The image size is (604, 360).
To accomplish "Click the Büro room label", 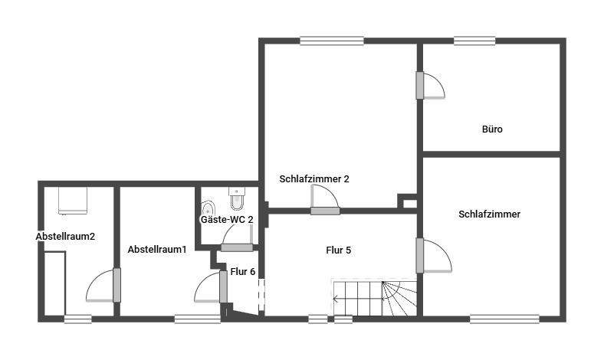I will click(x=492, y=129).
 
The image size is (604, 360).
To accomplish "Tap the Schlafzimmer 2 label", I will click(x=314, y=178).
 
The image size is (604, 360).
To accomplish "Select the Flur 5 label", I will click(x=338, y=250).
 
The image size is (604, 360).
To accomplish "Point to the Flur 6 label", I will click(x=243, y=270).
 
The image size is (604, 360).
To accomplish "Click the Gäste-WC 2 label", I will click(x=227, y=219).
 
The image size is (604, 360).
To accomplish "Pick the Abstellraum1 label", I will click(x=157, y=250).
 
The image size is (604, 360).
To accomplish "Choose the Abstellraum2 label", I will click(x=65, y=236).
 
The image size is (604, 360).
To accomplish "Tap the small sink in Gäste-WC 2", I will click(x=207, y=208).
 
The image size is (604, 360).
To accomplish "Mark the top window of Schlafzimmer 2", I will click(x=331, y=41).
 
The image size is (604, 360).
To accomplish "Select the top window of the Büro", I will click(x=474, y=41).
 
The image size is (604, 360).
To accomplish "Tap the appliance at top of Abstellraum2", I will click(x=74, y=201).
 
